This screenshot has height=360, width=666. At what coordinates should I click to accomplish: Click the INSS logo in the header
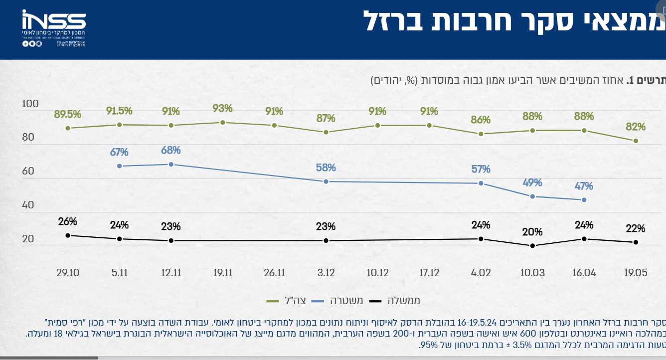tap(54, 28)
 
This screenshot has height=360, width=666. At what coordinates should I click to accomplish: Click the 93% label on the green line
tap(222, 108)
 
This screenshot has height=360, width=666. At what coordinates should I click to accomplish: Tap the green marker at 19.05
tap(636, 141)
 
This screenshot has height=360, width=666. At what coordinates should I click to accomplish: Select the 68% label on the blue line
tap(171, 150)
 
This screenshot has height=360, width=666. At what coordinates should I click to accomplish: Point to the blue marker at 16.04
tap(584, 199)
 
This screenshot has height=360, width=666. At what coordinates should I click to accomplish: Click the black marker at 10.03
tap(532, 245)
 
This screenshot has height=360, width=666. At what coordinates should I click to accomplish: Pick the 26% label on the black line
tap(67, 221)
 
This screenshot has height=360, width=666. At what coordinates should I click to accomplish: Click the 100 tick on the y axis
tap(30, 104)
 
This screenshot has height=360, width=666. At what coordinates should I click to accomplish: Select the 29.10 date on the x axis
tap(68, 273)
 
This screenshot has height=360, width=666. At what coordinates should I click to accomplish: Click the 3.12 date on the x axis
tap(326, 273)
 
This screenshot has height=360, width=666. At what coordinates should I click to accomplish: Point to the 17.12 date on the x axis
tap(429, 273)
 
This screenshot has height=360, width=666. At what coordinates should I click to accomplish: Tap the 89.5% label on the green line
tap(67, 114)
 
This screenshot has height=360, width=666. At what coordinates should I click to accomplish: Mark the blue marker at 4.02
tap(481, 183)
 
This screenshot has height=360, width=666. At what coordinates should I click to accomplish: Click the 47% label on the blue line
tap(584, 186)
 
